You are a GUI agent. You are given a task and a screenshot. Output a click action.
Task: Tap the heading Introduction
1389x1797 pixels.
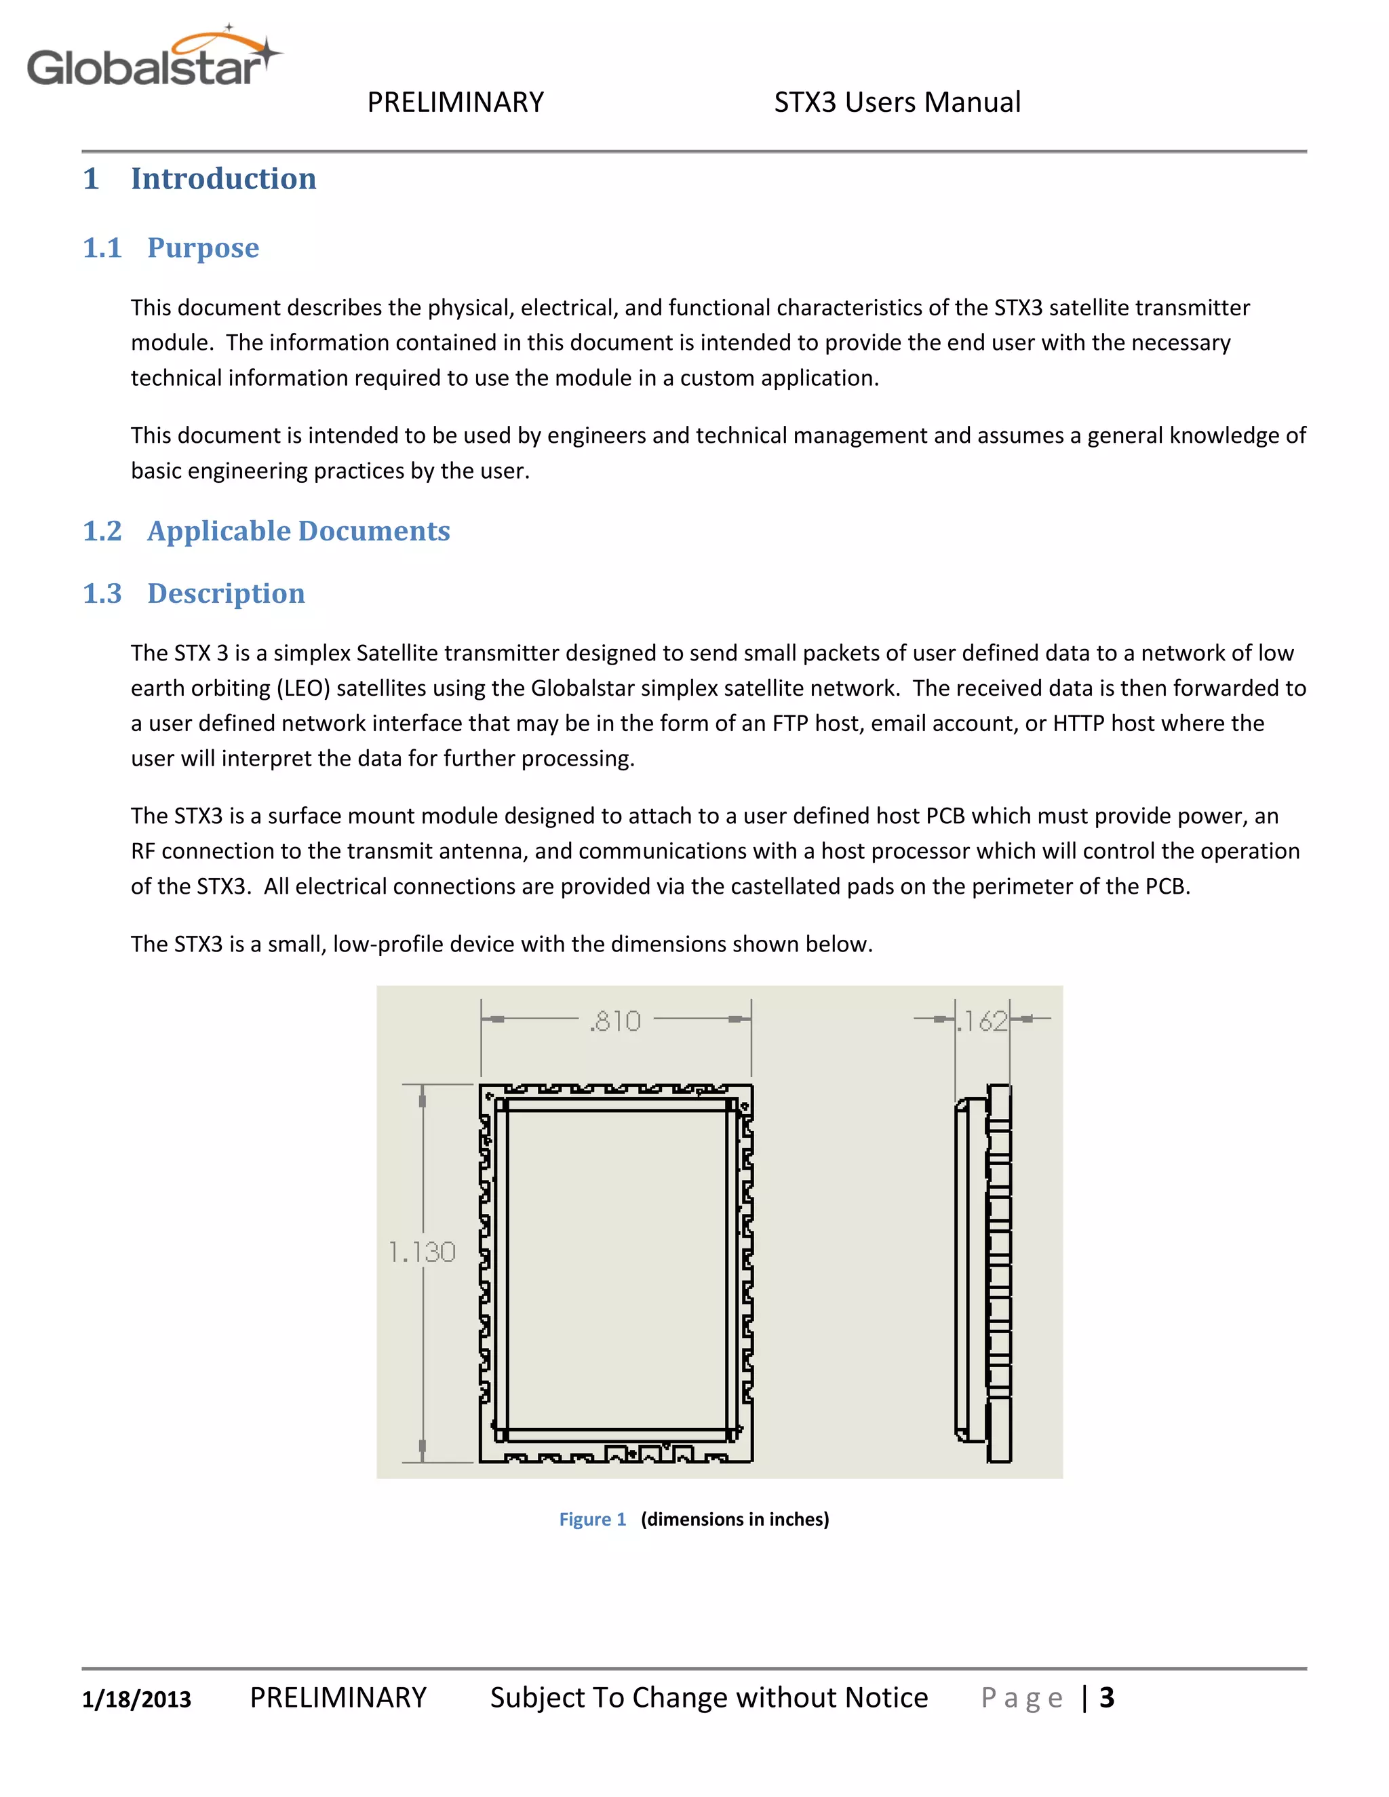click(223, 178)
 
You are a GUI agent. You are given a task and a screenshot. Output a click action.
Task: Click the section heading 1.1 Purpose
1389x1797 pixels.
click(171, 248)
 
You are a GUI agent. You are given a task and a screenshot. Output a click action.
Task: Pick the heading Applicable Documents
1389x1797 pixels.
click(298, 531)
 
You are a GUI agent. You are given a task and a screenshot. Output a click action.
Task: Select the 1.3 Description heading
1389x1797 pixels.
click(193, 593)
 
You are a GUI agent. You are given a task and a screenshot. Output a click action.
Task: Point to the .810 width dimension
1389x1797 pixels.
click(616, 1021)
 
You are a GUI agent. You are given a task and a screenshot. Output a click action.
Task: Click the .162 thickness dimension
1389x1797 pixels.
click(983, 1021)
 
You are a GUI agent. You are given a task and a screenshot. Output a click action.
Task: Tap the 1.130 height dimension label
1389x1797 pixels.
click(421, 1252)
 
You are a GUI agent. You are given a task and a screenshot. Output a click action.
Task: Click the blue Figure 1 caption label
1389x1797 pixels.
click(593, 1519)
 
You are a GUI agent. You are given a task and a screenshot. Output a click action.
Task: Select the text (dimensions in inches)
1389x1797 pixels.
click(735, 1519)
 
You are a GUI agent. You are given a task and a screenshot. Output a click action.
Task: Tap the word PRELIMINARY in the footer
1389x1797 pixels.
click(338, 1697)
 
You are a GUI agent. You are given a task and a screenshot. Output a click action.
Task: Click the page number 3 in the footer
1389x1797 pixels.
click(1107, 1697)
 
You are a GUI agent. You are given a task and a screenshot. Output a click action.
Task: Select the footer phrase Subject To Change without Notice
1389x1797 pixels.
click(709, 1697)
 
